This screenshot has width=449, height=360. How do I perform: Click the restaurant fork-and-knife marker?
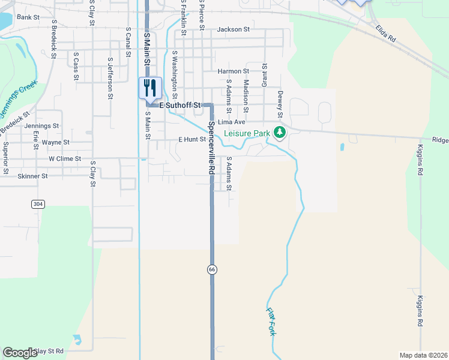point(150,88)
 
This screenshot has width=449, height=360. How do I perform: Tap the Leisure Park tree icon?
point(279,132)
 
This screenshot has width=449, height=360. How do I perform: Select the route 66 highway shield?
point(212,269)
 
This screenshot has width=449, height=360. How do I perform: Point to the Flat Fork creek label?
point(271,321)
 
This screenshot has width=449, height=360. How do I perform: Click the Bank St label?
point(28,17)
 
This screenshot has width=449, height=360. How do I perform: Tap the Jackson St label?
point(234,29)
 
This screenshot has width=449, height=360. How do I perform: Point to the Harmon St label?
point(233,71)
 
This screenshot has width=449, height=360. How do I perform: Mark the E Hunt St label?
point(192,139)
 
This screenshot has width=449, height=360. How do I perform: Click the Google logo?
point(20,353)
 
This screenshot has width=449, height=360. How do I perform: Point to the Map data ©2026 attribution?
point(423,355)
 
